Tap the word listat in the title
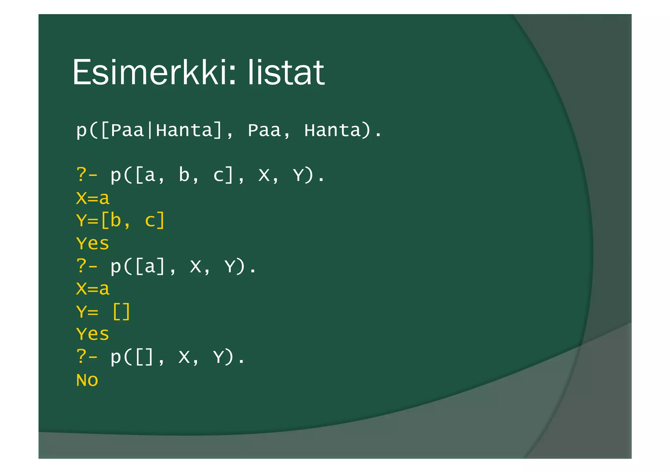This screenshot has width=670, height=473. [x=286, y=72]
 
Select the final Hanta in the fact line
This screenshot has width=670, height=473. [x=332, y=130]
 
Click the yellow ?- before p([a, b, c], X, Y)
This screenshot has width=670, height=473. [x=87, y=175]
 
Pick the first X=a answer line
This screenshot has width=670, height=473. [x=93, y=198]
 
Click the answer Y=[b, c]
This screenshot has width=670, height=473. [x=120, y=221]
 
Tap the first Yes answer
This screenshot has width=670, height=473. [x=93, y=244]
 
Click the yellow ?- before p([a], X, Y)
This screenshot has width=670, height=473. [x=87, y=266]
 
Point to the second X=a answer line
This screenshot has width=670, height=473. [x=93, y=289]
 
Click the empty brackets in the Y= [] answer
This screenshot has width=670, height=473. [x=121, y=312]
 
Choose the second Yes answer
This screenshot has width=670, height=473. [x=93, y=334]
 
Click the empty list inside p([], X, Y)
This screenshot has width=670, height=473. [x=144, y=357]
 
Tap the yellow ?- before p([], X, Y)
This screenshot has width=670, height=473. [x=87, y=357]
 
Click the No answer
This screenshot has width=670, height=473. [x=87, y=380]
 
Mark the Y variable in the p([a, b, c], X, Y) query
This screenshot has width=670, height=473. [x=299, y=175]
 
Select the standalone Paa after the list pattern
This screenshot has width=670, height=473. [x=264, y=130]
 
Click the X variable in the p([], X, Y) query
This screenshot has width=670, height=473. [x=184, y=357]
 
